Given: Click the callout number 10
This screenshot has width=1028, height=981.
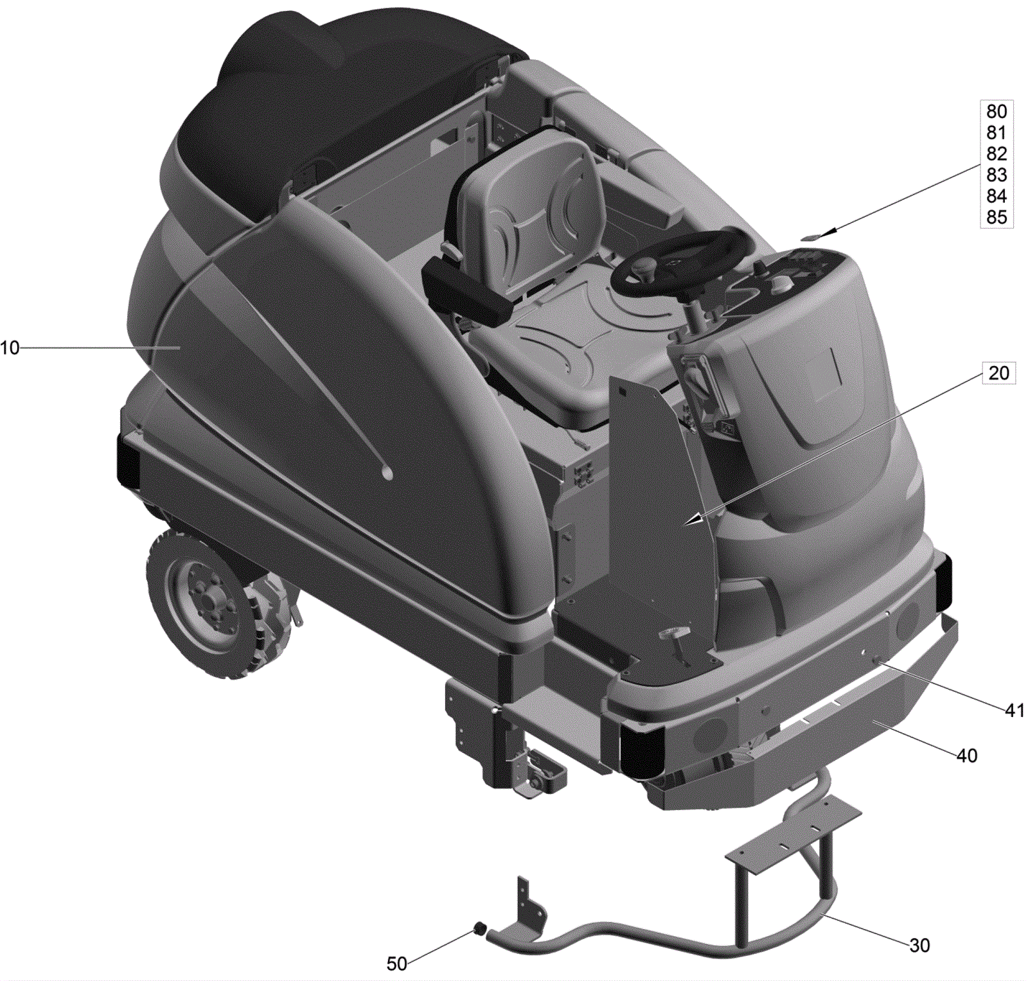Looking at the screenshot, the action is tap(10, 348).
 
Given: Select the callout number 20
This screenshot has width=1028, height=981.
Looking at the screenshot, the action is tap(998, 373).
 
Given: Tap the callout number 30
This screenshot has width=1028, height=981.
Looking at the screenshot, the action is tap(919, 945).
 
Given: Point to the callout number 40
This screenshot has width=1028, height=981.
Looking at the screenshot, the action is tap(967, 756).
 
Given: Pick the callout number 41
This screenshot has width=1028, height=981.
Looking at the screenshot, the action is tap(1015, 710).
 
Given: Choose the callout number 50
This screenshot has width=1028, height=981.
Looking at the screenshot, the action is tap(396, 964).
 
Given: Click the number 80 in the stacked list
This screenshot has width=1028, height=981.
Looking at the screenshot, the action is tap(997, 111).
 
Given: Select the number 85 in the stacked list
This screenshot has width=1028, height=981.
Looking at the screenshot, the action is tap(997, 217).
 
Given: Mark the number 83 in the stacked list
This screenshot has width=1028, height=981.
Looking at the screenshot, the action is tap(997, 175).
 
